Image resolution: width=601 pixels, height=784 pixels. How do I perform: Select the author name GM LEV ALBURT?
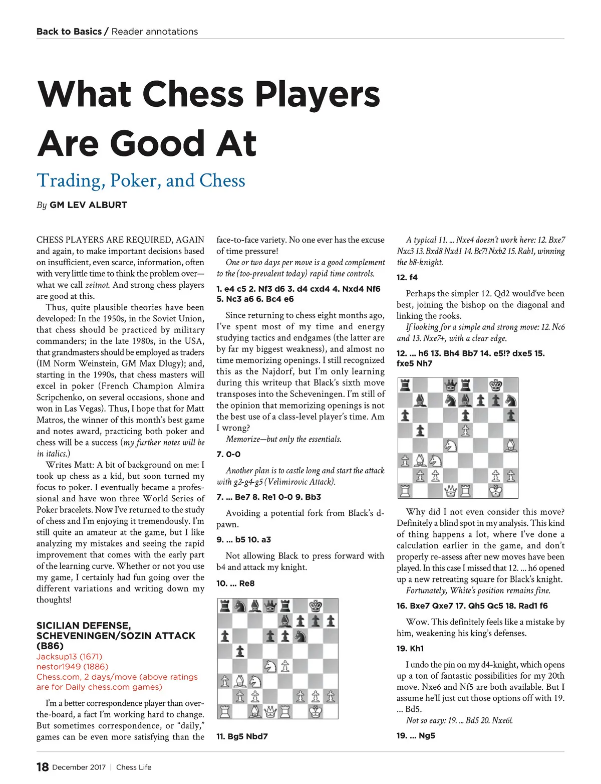click(x=88, y=205)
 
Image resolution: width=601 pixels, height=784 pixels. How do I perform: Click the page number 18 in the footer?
click(x=43, y=767)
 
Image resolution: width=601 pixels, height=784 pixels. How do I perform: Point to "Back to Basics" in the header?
click(x=69, y=32)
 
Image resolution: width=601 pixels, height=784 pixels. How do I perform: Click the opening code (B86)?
click(x=49, y=646)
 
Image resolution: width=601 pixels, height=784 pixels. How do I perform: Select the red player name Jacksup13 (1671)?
click(x=69, y=657)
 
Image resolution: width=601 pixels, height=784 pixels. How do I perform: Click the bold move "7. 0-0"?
click(x=228, y=454)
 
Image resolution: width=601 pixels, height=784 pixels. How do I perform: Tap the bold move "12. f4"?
click(x=407, y=277)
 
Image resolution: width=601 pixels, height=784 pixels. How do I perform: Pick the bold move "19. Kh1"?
click(x=410, y=648)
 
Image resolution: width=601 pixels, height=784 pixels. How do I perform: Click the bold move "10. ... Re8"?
click(x=235, y=583)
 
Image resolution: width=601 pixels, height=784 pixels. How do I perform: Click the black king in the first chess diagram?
click(x=316, y=606)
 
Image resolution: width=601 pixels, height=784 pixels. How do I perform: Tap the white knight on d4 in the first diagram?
click(x=270, y=666)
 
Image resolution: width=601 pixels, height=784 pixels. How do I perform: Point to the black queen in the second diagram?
click(x=451, y=385)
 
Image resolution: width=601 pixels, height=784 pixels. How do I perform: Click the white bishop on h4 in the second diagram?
click(x=511, y=446)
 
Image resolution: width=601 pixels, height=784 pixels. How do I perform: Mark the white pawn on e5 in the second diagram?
click(x=466, y=431)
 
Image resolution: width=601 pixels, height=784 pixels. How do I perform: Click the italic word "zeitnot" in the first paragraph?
click(x=97, y=285)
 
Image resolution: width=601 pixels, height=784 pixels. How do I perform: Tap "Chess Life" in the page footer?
click(x=134, y=767)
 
